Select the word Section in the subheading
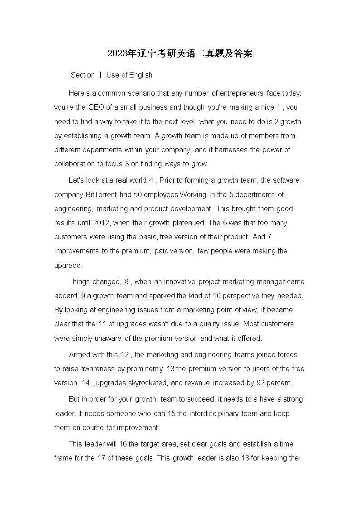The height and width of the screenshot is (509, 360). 83,75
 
